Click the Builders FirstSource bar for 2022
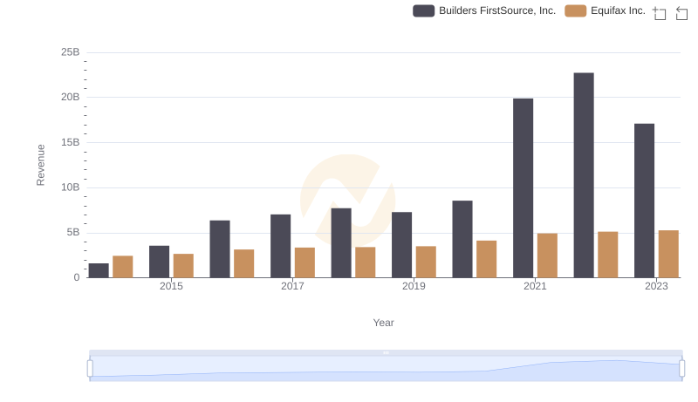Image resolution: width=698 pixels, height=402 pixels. (x=584, y=174)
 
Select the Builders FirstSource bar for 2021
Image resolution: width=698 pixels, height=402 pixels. (x=523, y=187)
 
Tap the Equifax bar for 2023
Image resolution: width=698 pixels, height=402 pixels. (x=668, y=254)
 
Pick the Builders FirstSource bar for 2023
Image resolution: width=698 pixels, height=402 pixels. (x=645, y=201)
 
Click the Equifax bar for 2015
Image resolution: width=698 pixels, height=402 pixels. (x=183, y=265)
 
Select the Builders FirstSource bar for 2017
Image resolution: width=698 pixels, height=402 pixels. (x=280, y=246)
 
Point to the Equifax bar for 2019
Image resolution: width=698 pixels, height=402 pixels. (x=426, y=262)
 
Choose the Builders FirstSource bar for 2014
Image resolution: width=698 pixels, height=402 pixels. (x=99, y=270)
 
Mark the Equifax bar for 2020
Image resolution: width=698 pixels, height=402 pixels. (x=487, y=259)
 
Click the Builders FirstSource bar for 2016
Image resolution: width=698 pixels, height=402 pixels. (x=220, y=249)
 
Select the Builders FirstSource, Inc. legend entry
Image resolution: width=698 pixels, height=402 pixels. (x=484, y=11)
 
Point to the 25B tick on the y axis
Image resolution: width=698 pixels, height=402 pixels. (x=70, y=52)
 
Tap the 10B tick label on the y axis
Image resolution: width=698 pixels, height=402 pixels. (x=70, y=187)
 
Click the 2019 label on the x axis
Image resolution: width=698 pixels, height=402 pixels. (x=414, y=287)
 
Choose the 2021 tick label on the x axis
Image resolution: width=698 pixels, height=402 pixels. (x=535, y=287)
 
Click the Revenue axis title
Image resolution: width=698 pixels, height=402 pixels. (x=40, y=165)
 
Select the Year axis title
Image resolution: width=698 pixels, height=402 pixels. (x=384, y=323)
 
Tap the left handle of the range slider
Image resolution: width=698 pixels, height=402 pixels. (x=90, y=368)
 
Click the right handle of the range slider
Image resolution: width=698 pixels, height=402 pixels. (x=681, y=368)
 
